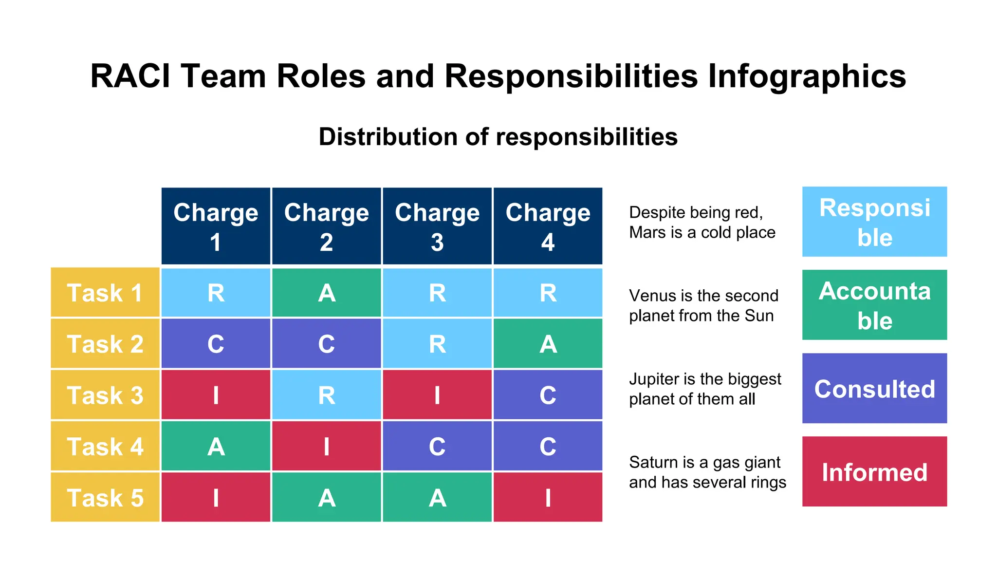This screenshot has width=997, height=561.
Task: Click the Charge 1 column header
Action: [216, 226]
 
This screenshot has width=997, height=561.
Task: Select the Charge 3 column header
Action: [437, 226]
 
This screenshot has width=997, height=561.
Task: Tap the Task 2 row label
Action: [105, 344]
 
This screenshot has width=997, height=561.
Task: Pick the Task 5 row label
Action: [105, 498]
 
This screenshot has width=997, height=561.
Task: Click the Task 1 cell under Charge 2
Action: [327, 293]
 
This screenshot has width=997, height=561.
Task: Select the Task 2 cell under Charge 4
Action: [548, 344]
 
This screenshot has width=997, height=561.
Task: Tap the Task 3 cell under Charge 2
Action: [327, 395]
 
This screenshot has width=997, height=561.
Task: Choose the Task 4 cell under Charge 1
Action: [216, 446]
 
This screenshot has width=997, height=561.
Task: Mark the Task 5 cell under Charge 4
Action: [548, 498]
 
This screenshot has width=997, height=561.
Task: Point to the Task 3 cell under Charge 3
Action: [437, 395]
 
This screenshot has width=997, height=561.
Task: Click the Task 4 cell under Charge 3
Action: [437, 446]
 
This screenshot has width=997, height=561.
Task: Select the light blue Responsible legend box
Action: [874, 222]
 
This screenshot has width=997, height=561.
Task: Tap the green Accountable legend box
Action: [874, 305]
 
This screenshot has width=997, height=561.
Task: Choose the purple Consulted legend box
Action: [874, 389]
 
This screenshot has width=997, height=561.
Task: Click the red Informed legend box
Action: [874, 472]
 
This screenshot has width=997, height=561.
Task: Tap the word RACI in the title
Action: [130, 76]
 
